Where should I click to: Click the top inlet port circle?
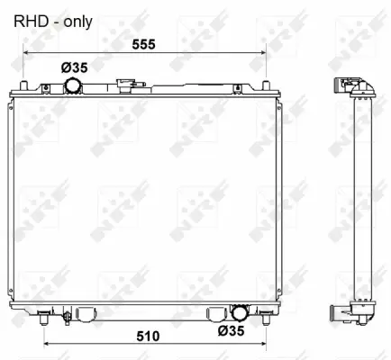(x=72, y=85)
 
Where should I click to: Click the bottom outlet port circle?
(x=240, y=314)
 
